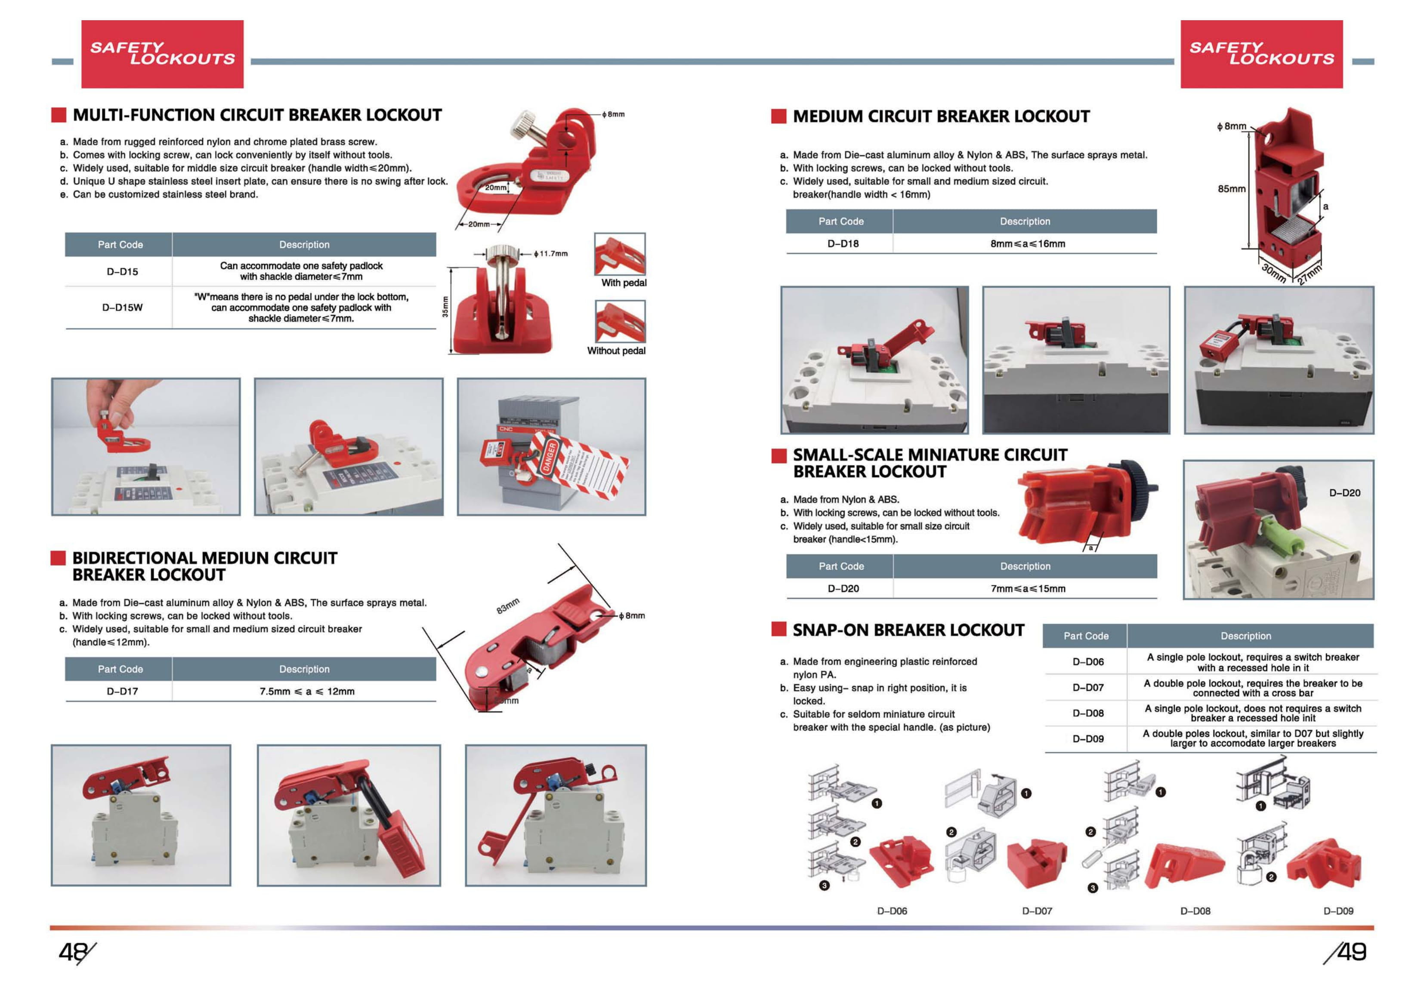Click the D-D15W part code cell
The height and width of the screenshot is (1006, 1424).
click(x=122, y=308)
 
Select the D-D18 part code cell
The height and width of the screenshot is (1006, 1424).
click(x=843, y=243)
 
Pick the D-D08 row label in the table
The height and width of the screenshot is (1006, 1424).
click(x=1088, y=713)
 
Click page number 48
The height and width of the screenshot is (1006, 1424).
click(x=73, y=951)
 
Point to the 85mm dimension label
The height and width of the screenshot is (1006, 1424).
click(x=1231, y=188)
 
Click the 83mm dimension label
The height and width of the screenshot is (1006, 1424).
click(x=507, y=606)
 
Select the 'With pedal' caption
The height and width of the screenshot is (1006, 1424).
click(x=623, y=283)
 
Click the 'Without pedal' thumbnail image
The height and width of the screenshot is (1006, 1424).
click(x=620, y=321)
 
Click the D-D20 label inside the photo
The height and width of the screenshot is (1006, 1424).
click(x=1344, y=493)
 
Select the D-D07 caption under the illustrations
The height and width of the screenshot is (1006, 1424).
click(x=1036, y=911)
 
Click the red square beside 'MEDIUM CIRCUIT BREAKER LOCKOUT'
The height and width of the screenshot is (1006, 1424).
click(x=778, y=116)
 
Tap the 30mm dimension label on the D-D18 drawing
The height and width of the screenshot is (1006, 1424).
click(x=1274, y=273)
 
